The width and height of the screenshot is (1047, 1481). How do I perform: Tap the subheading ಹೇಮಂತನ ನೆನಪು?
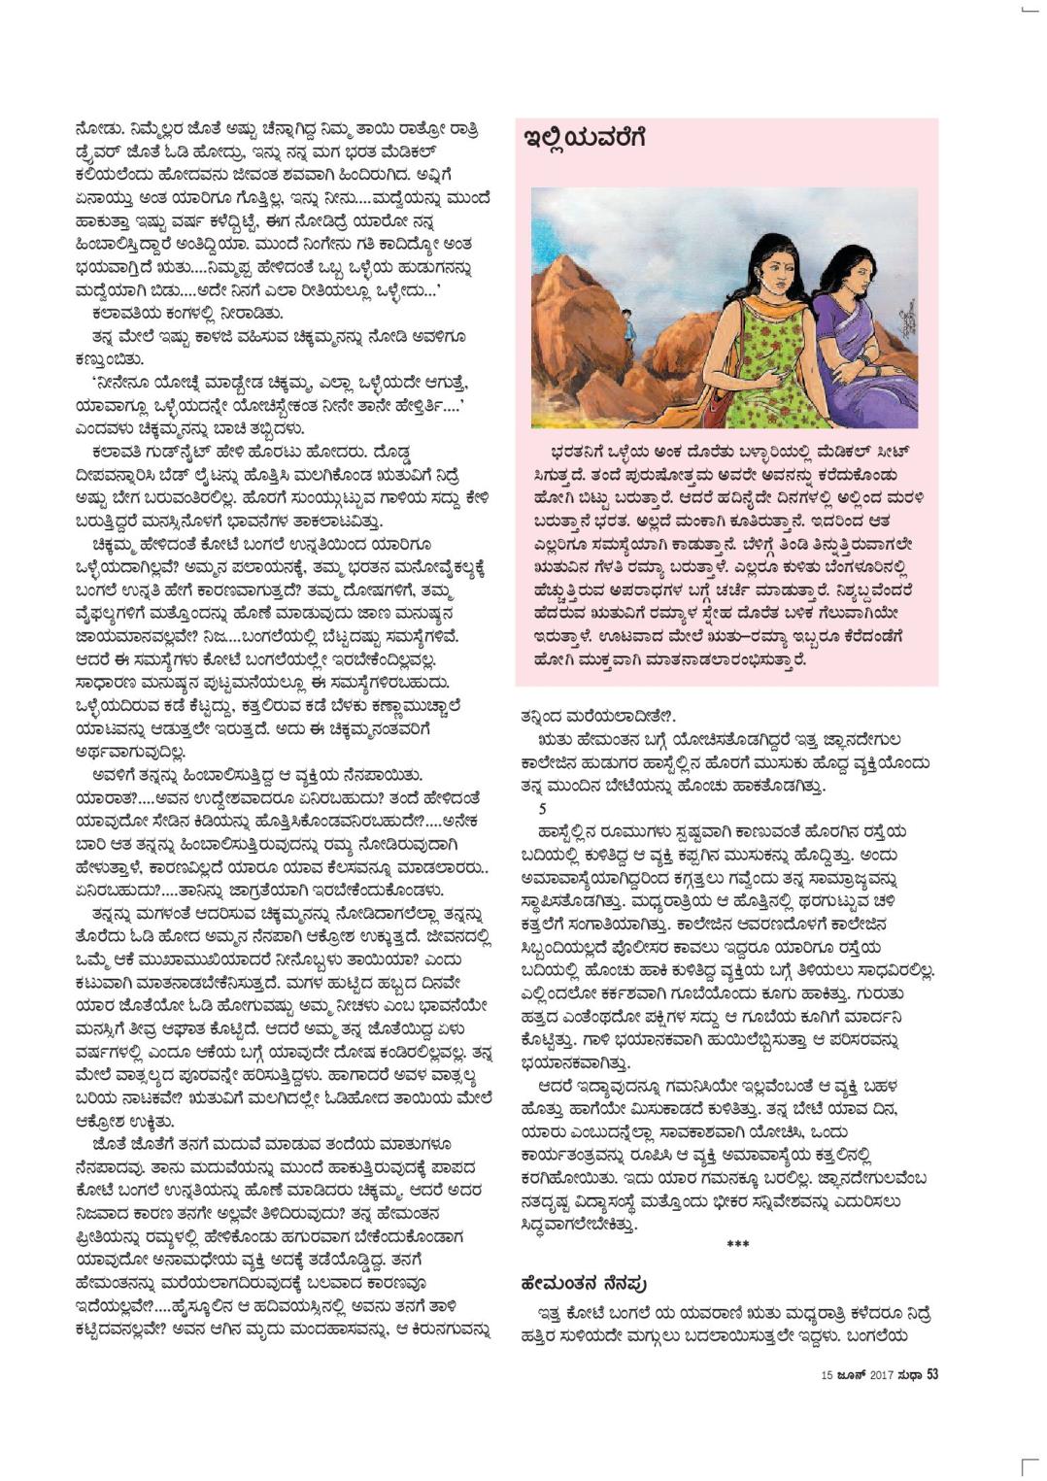click(584, 1283)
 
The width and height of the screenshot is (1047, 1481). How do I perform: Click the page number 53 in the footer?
click(931, 1374)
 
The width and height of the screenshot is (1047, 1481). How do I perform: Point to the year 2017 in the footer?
click(881, 1375)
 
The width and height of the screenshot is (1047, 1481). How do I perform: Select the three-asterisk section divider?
click(737, 1245)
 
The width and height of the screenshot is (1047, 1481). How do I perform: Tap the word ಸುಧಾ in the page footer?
click(909, 1375)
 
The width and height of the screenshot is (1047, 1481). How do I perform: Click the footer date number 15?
click(827, 1375)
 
